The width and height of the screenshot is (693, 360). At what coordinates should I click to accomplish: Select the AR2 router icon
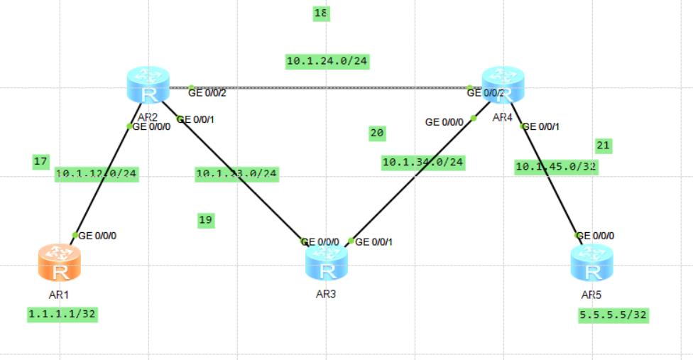tap(149, 85)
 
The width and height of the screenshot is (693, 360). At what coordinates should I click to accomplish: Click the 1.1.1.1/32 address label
tap(62, 314)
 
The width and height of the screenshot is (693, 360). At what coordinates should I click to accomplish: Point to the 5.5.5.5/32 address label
tap(613, 315)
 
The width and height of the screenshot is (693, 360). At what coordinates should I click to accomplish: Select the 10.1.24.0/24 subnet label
tap(327, 62)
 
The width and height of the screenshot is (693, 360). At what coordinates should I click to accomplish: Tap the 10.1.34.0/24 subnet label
tap(423, 163)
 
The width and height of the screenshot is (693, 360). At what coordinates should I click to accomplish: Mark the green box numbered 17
tap(40, 162)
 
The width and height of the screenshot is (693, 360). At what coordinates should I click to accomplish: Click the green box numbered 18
tap(321, 13)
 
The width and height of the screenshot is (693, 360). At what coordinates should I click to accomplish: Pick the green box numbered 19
tap(206, 220)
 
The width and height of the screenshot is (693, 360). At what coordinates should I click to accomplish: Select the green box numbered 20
tap(377, 133)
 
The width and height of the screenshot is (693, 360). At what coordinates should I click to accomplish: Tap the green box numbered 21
tap(603, 146)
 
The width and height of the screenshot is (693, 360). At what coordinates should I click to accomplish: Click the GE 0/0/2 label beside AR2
tap(207, 92)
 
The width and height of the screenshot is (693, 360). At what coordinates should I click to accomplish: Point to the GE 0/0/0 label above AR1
tap(97, 235)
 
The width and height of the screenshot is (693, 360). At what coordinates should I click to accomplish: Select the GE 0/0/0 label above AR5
tap(597, 236)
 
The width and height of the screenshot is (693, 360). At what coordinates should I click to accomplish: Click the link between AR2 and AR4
tap(327, 88)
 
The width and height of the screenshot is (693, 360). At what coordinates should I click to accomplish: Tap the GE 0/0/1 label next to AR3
tap(373, 241)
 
